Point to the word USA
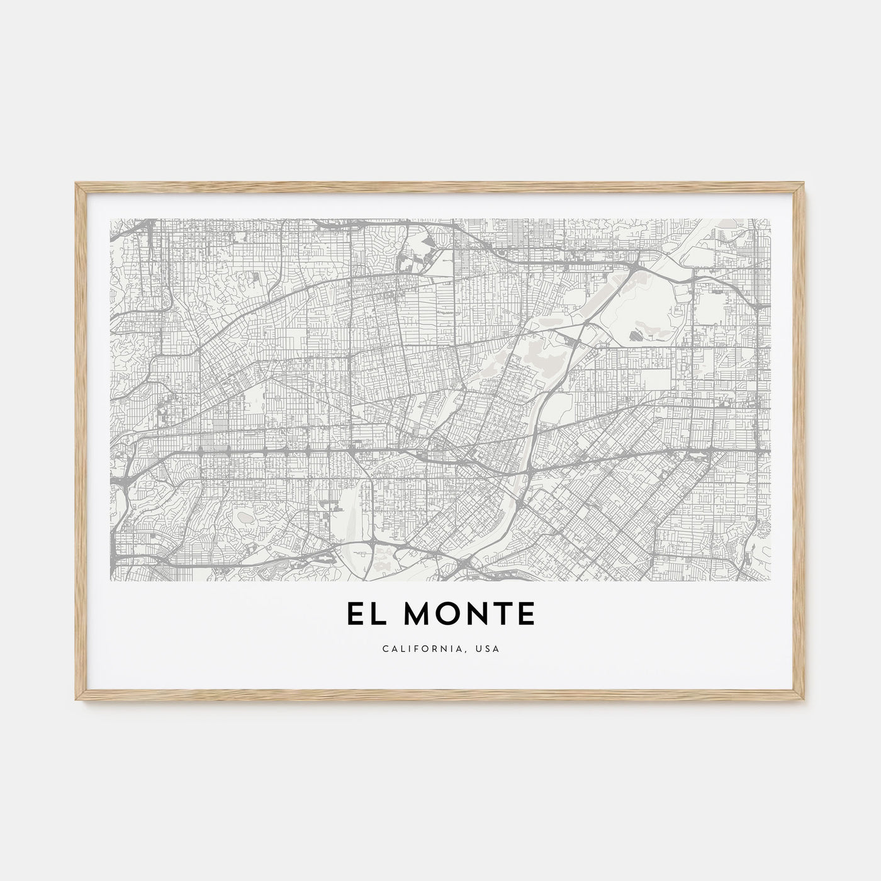[x=489, y=648]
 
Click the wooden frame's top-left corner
[x=76, y=183]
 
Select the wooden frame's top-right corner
[x=805, y=183]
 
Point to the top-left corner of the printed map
[x=110, y=219]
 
